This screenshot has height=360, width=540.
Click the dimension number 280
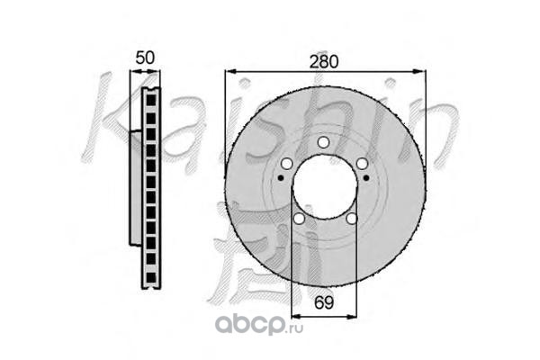324,62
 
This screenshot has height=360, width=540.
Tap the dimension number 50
145,58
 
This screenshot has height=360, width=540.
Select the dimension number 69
324,302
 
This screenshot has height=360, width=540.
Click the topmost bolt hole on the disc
323,142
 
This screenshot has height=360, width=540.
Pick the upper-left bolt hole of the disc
286,164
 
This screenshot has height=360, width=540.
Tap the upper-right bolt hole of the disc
362,164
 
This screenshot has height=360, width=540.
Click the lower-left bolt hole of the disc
299,219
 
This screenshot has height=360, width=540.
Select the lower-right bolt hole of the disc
351,219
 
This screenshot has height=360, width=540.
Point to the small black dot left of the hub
281,178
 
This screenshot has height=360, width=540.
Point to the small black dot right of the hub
366,178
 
